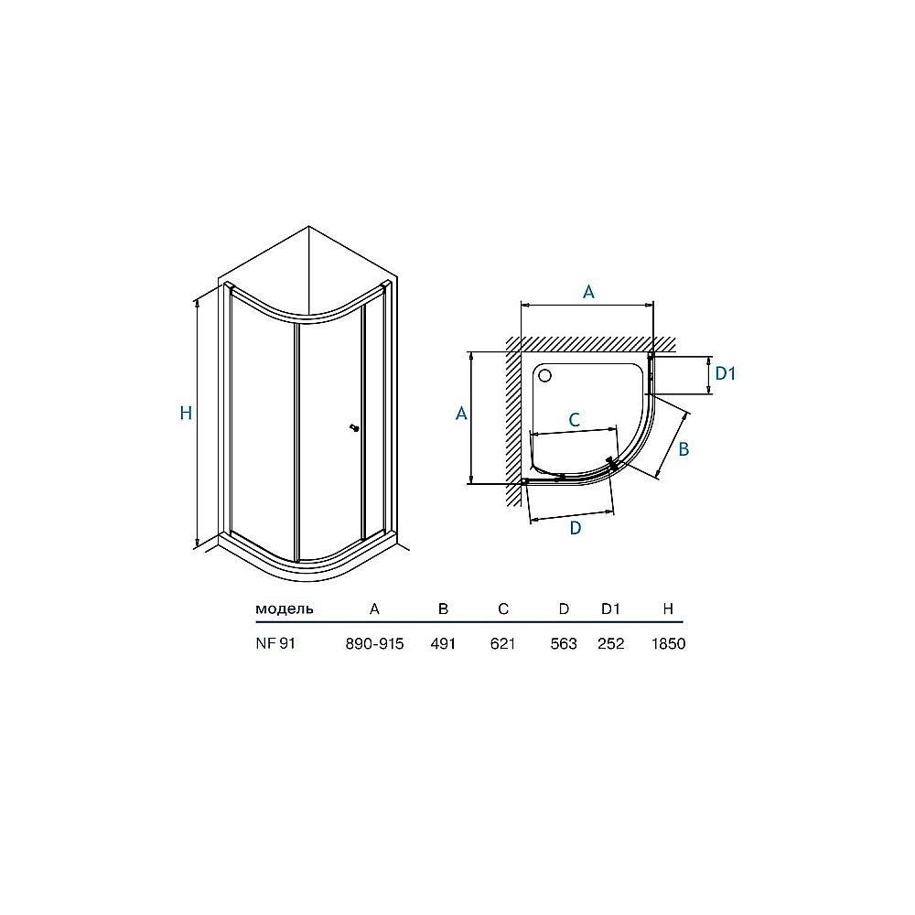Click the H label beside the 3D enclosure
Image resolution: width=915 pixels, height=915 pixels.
click(x=186, y=414)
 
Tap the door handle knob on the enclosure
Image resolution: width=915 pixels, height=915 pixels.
click(x=352, y=427)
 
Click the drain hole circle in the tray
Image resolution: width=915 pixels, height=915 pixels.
click(x=546, y=375)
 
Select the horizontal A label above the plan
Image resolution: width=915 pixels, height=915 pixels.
click(x=589, y=292)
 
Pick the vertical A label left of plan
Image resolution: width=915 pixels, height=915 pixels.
click(x=461, y=414)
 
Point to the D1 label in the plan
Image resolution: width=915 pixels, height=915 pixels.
click(x=726, y=373)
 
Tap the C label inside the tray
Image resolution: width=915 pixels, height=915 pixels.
click(x=574, y=420)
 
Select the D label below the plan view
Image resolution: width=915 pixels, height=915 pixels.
click(x=576, y=528)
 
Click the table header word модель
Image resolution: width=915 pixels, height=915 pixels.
click(x=285, y=608)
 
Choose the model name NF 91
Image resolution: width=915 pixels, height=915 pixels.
click(x=275, y=643)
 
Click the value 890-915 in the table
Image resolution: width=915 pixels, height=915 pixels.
click(x=374, y=643)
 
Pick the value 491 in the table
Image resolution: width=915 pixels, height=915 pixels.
click(x=443, y=643)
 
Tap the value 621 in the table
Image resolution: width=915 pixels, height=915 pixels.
click(x=503, y=643)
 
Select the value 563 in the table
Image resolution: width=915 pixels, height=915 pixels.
click(x=564, y=643)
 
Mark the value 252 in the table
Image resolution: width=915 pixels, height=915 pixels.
click(x=610, y=643)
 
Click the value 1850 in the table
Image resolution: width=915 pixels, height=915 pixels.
click(x=668, y=643)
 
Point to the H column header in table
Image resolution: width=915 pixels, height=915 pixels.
click(x=668, y=608)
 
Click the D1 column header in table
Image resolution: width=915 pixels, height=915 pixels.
click(x=610, y=608)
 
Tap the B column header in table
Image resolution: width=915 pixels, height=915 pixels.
click(x=443, y=608)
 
